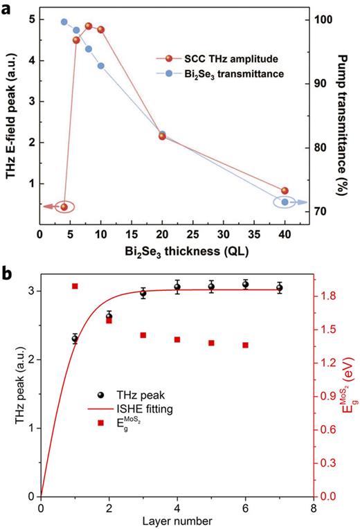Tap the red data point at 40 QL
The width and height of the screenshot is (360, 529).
(x=285, y=190)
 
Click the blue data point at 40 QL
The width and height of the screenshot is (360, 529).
(x=285, y=202)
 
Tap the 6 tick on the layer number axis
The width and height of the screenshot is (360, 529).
(x=246, y=508)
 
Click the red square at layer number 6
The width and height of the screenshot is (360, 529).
(x=246, y=345)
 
